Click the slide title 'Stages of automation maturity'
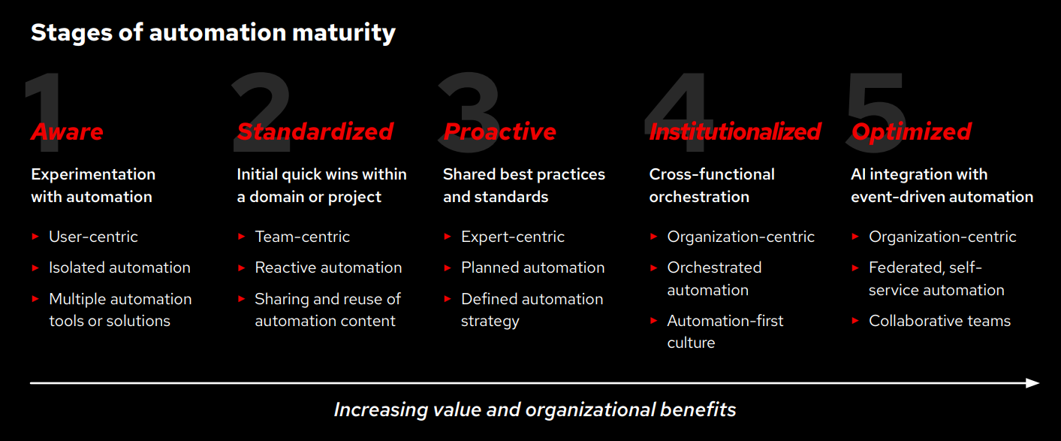click(x=213, y=33)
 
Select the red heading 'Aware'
click(x=67, y=131)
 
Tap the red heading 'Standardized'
click(x=315, y=131)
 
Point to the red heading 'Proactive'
click(x=499, y=131)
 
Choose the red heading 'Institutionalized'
click(x=734, y=131)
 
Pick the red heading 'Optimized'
click(x=911, y=131)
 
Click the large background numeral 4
click(x=678, y=98)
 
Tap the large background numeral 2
click(x=261, y=98)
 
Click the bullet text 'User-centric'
click(x=93, y=237)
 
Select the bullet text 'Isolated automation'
click(x=119, y=267)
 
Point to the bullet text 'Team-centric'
click(x=302, y=237)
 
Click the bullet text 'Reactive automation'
click(x=328, y=267)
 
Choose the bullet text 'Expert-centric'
click(x=512, y=237)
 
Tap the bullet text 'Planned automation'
click(x=532, y=267)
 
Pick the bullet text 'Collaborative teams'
click(x=939, y=321)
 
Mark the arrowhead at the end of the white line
click(x=1033, y=383)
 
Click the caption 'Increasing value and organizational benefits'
click(x=535, y=409)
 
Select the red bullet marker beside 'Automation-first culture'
click(x=654, y=321)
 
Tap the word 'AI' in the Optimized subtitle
click(x=859, y=174)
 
